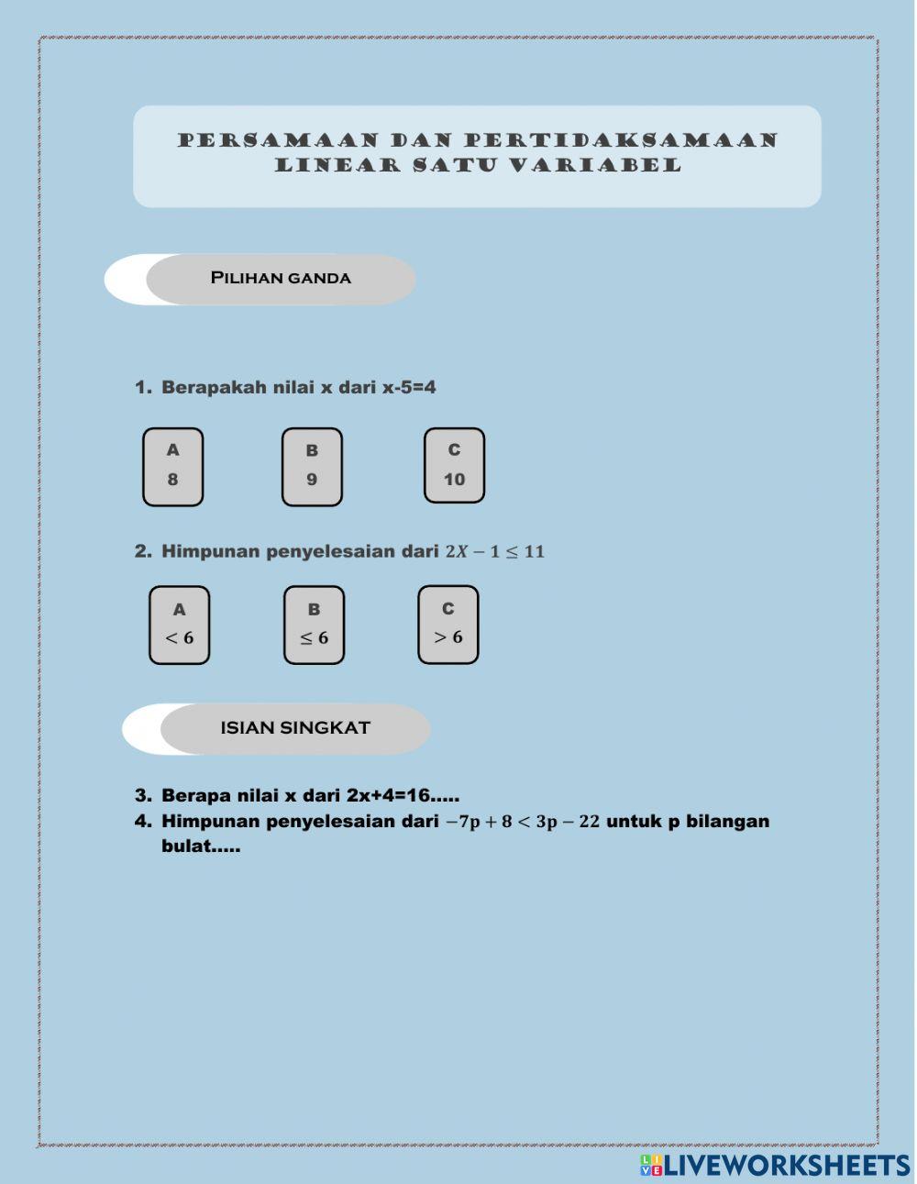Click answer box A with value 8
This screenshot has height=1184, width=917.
click(x=172, y=467)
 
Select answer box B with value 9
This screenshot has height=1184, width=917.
click(x=312, y=467)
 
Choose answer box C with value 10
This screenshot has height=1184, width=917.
click(x=454, y=466)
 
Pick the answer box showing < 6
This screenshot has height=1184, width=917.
click(x=179, y=625)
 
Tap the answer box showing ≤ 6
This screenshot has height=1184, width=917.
click(x=314, y=625)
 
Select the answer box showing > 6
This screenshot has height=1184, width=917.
click(x=447, y=625)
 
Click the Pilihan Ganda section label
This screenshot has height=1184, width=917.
click(x=281, y=278)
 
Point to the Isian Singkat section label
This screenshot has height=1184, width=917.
click(x=294, y=728)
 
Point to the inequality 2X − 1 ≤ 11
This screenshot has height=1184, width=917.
click(x=494, y=551)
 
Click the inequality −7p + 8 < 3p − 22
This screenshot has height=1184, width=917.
click(x=523, y=822)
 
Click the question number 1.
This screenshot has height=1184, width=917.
click(x=142, y=387)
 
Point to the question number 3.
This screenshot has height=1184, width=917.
click(x=142, y=795)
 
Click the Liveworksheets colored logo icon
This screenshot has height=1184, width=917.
click(x=651, y=1166)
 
